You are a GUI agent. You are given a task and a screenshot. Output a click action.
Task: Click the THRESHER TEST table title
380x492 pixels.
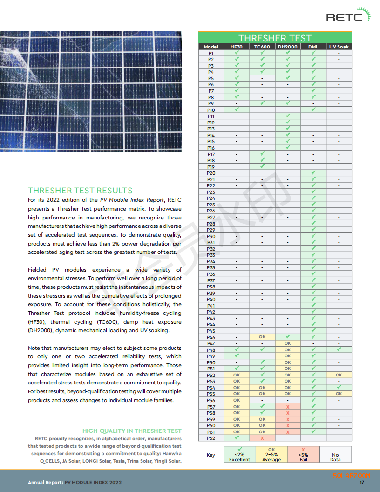[x=275, y=38]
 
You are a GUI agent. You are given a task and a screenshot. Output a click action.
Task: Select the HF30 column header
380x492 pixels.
[x=237, y=47]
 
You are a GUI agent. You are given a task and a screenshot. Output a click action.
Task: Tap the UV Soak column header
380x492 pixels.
[x=339, y=47]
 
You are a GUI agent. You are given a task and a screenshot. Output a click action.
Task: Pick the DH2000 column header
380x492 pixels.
[x=287, y=47]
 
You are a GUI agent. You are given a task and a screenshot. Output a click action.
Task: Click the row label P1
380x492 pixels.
[x=211, y=53]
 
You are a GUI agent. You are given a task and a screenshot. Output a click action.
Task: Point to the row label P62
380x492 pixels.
[x=211, y=438]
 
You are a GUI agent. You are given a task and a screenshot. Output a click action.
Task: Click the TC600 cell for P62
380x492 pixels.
[x=262, y=438]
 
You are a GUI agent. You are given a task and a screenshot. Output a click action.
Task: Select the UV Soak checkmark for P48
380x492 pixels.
[x=339, y=349]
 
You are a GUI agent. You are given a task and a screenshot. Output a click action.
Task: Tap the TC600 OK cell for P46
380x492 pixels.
[x=262, y=337]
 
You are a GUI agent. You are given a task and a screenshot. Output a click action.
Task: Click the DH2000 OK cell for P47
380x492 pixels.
[x=287, y=343]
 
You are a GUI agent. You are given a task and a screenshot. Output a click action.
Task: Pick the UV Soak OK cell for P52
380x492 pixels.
[x=339, y=375]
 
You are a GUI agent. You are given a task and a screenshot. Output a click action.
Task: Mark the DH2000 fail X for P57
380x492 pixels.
[x=287, y=406]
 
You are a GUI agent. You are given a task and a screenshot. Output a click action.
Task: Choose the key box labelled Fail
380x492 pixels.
[x=303, y=454]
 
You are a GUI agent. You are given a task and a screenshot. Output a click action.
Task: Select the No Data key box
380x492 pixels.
[x=335, y=454]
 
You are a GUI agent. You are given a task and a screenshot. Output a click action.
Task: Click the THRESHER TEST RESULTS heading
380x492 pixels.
[x=80, y=190]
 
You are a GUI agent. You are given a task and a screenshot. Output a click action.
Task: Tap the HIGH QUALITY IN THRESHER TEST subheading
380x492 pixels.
[x=132, y=430]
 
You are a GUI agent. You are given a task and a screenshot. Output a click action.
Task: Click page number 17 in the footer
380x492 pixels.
[x=361, y=482]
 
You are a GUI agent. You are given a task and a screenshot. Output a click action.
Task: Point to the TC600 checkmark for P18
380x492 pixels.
[x=262, y=160]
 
